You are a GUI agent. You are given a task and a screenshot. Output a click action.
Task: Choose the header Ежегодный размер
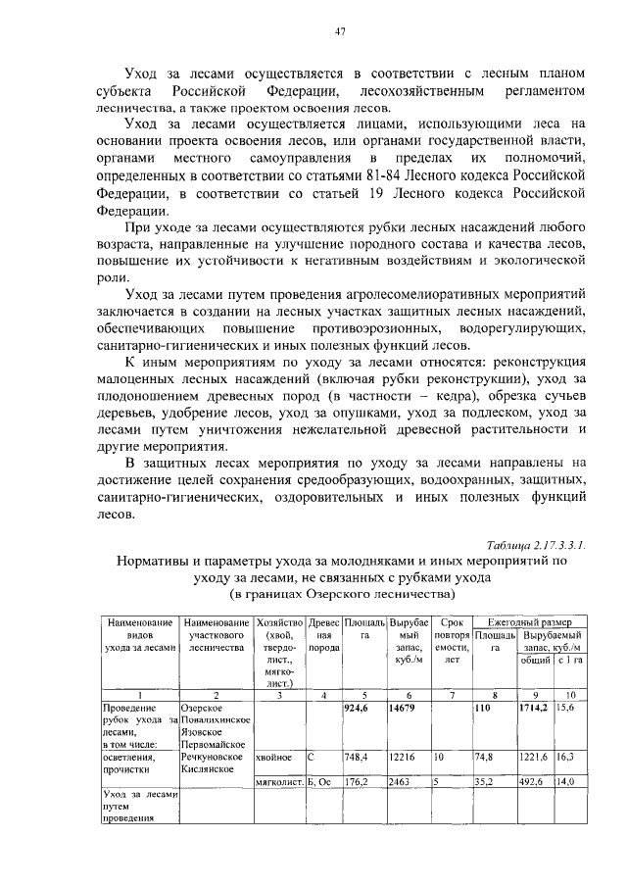click(x=529, y=622)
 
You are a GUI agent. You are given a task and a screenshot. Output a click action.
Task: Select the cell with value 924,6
click(x=360, y=707)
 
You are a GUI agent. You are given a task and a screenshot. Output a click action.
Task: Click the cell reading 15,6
click(x=566, y=707)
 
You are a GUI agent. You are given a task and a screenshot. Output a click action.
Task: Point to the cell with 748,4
click(x=359, y=757)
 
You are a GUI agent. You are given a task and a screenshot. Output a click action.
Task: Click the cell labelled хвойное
click(x=274, y=757)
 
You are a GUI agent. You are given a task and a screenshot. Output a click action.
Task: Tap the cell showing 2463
click(x=403, y=782)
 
